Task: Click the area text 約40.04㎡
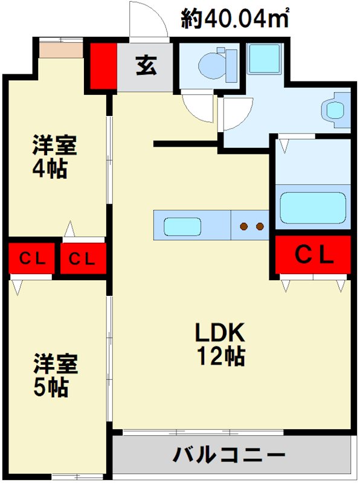coord(235,19)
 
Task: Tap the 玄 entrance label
coord(146,66)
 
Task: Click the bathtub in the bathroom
coord(313,208)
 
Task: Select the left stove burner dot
coord(244,227)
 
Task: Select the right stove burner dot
coord(260,227)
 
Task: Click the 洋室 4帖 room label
coord(54,156)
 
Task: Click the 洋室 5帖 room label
coord(55,374)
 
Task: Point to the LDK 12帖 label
coord(219,344)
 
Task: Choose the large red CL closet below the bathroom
coord(313,255)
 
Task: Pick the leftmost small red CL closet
coord(31,259)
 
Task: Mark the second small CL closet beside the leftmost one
coord(83,259)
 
